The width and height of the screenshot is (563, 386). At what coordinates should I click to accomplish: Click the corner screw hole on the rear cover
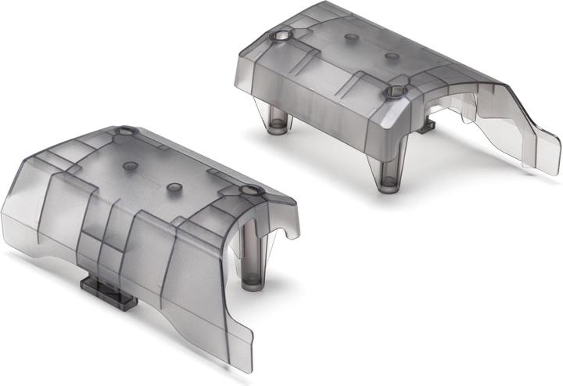(280, 37)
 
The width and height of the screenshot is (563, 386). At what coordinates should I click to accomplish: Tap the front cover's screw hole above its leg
(250, 191)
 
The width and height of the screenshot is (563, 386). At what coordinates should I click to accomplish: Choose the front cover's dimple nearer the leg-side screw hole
(174, 188)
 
